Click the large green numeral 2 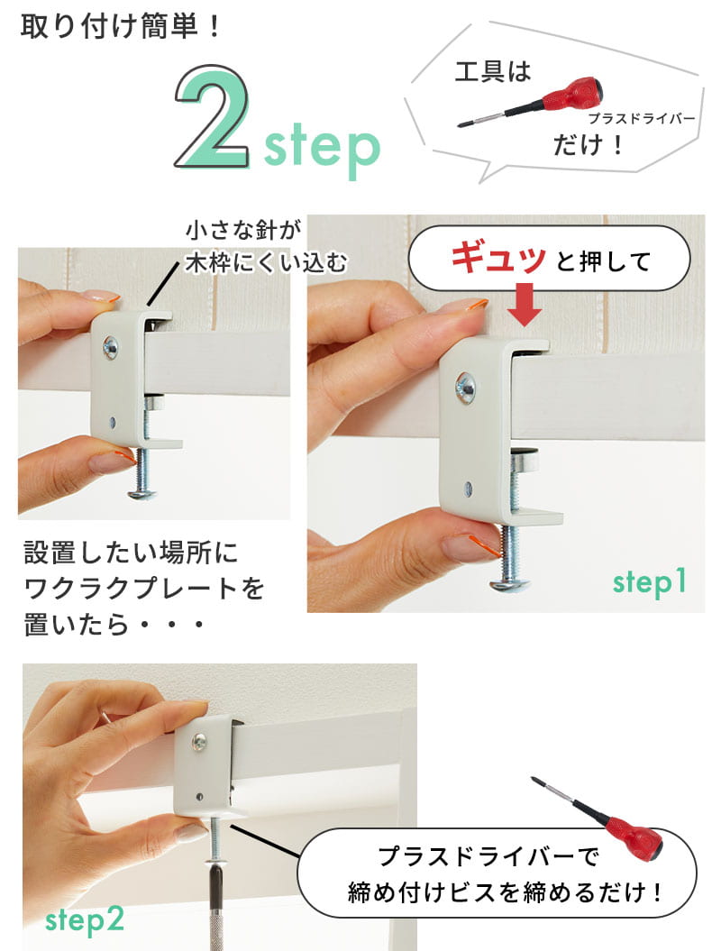pyautogui.click(x=212, y=116)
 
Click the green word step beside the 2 pyautogui.click(x=322, y=146)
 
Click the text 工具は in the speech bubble pyautogui.click(x=492, y=71)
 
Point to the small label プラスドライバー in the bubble pyautogui.click(x=641, y=118)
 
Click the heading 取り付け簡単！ pyautogui.click(x=120, y=27)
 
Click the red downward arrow pyautogui.click(x=524, y=305)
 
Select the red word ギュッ pyautogui.click(x=498, y=257)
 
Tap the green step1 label pyautogui.click(x=649, y=581)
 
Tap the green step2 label pyautogui.click(x=85, y=919)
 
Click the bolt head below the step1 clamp pyautogui.click(x=509, y=585)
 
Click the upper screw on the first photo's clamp pyautogui.click(x=111, y=347)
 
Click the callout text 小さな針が pyautogui.click(x=243, y=230)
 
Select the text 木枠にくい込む pyautogui.click(x=266, y=263)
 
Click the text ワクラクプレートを pyautogui.click(x=144, y=589)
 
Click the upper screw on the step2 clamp pyautogui.click(x=199, y=743)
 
